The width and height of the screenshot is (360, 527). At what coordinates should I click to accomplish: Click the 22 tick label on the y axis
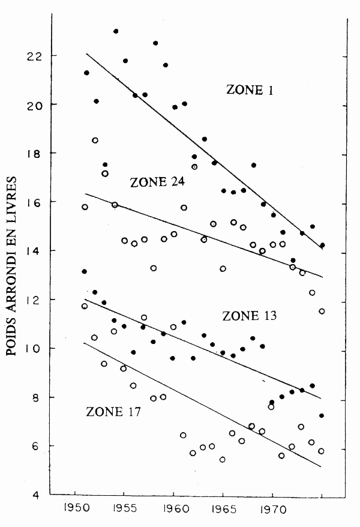[x=34, y=56]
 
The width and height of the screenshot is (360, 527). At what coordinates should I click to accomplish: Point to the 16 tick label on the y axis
[x=34, y=202]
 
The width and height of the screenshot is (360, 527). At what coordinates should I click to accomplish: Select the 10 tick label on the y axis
[x=34, y=349]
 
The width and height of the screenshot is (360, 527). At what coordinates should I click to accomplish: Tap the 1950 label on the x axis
[x=74, y=515]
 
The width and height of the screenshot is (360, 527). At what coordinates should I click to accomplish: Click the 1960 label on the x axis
[x=173, y=515]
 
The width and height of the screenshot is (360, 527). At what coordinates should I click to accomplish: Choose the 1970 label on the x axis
[x=272, y=515]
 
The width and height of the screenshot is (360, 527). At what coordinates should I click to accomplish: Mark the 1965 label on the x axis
[x=223, y=515]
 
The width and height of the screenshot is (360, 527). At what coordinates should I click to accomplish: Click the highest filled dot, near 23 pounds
[x=116, y=31]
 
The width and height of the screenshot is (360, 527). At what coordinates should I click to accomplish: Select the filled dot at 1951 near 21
[x=86, y=73]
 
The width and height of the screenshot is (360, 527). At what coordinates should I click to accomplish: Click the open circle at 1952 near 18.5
[x=95, y=140]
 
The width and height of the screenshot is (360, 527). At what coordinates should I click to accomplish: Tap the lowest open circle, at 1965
[x=223, y=460]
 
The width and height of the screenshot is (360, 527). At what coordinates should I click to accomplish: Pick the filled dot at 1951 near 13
[x=85, y=271]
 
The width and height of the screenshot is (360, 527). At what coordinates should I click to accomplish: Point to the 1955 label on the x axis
[x=124, y=515]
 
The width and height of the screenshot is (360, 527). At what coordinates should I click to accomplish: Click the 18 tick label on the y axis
[x=34, y=154]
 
